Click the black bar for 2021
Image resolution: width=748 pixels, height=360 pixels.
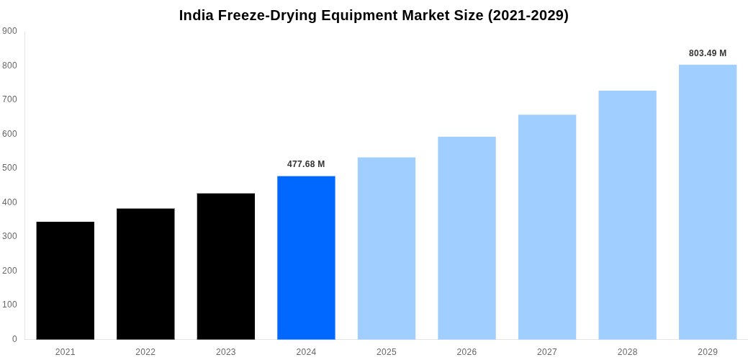tap(66, 280)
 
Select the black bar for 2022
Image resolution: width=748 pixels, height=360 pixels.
tap(145, 274)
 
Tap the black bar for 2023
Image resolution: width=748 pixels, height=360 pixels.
tap(226, 266)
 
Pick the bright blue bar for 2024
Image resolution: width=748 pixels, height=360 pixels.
tap(306, 258)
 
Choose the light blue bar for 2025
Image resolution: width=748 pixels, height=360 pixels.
tap(387, 248)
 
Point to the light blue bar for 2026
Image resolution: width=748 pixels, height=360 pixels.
tap(467, 238)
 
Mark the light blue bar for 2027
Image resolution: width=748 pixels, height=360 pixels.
tap(547, 227)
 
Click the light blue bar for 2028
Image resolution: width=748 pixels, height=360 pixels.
tap(627, 215)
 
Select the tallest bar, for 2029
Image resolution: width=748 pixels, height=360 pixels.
tap(708, 202)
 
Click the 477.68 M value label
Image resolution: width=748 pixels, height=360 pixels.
tap(306, 164)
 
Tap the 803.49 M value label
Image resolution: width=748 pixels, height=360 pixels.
tap(708, 53)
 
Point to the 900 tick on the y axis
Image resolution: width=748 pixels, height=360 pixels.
tap(10, 31)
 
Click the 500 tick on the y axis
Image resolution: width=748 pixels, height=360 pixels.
tap(10, 168)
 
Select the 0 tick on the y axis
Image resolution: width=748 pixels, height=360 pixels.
tap(14, 339)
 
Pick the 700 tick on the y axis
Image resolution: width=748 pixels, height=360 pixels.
tap(10, 99)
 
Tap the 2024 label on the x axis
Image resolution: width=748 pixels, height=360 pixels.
tap(306, 352)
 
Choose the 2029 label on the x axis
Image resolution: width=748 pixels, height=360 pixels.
tap(708, 352)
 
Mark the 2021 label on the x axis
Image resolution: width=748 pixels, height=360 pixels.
tap(66, 352)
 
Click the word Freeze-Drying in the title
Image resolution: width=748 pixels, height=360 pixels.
tap(268, 16)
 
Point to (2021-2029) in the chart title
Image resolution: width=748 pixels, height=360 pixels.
tap(528, 16)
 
